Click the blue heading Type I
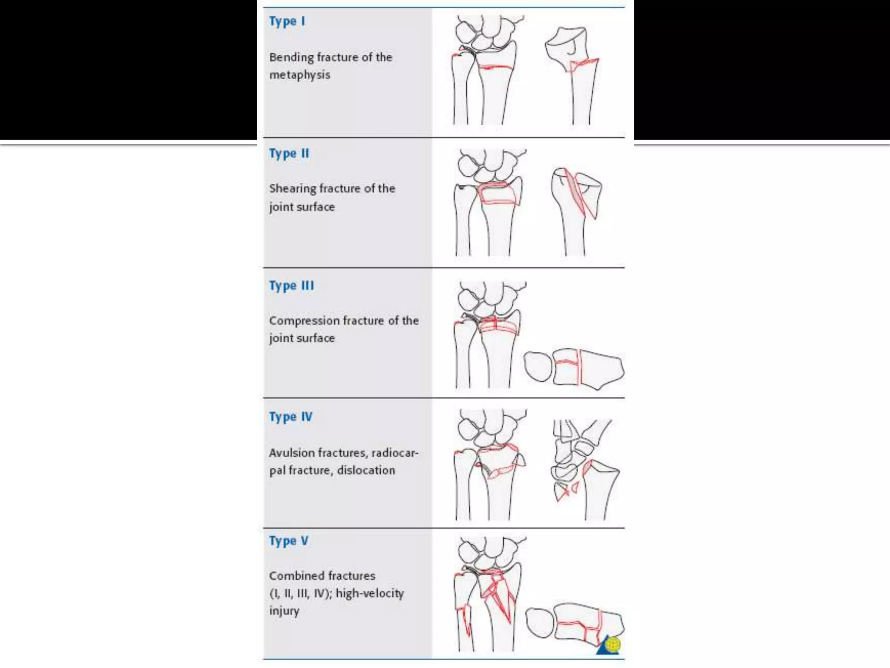click(x=287, y=21)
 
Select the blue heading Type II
click(x=289, y=154)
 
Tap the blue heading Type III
click(x=291, y=286)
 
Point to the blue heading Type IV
click(x=290, y=417)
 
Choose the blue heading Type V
click(x=289, y=541)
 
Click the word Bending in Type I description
click(x=291, y=57)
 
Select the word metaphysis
click(x=300, y=75)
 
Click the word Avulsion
click(x=292, y=453)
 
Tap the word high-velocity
click(x=369, y=594)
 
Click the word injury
click(x=284, y=611)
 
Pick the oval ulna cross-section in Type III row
click(x=538, y=367)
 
